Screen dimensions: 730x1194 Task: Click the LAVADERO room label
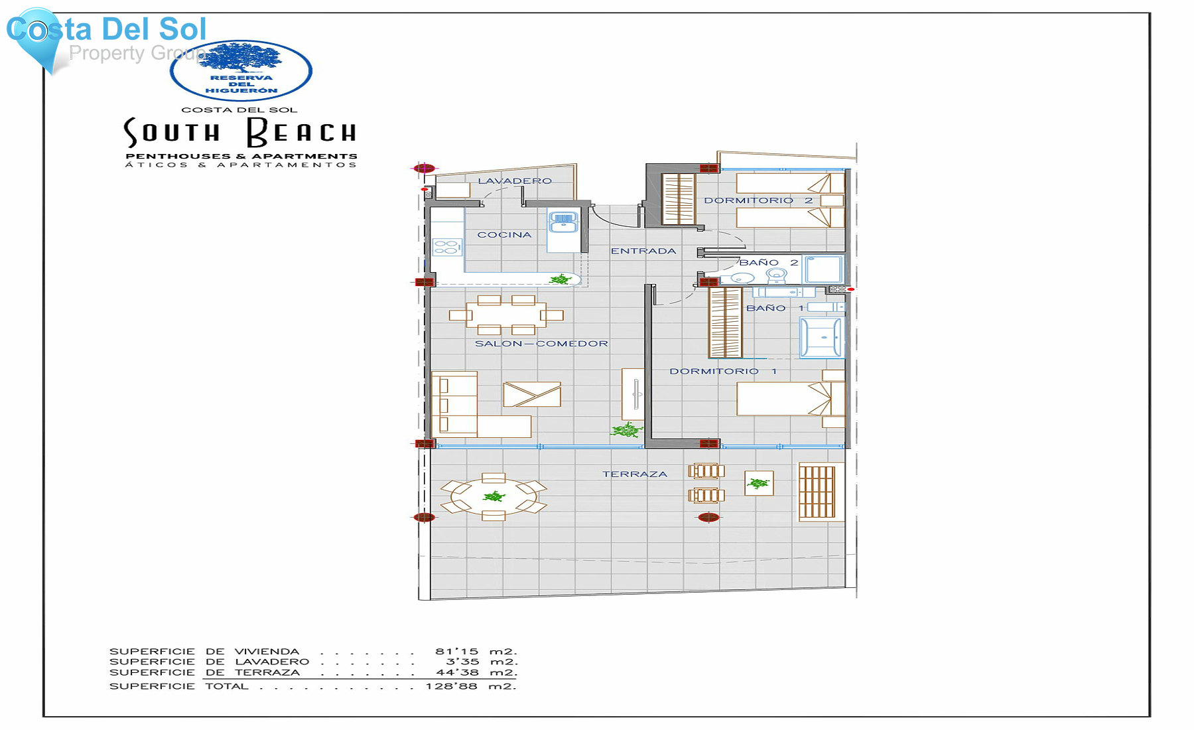[x=515, y=181]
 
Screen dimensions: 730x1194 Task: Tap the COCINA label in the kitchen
[x=504, y=235]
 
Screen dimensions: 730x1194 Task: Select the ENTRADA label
[x=643, y=251]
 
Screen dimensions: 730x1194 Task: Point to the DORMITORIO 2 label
[x=758, y=200]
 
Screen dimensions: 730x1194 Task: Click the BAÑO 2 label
[x=768, y=263]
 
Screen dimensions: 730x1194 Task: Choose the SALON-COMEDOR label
[x=541, y=344]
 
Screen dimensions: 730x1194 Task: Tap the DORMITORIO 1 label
[x=722, y=372]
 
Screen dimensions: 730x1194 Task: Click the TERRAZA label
[x=634, y=474]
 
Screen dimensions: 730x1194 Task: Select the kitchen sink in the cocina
[x=563, y=222]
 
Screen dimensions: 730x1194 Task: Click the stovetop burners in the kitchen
[x=446, y=248]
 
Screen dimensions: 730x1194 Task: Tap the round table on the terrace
[x=494, y=496]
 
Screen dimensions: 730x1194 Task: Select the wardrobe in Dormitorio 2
[x=678, y=198]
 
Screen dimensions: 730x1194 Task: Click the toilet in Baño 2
[x=775, y=275]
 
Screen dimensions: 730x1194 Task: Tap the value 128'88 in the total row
[x=451, y=686]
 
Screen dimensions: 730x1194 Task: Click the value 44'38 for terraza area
[x=457, y=672]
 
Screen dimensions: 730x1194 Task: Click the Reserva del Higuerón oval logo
[x=241, y=70]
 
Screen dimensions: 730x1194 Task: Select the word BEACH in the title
[x=302, y=132]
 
